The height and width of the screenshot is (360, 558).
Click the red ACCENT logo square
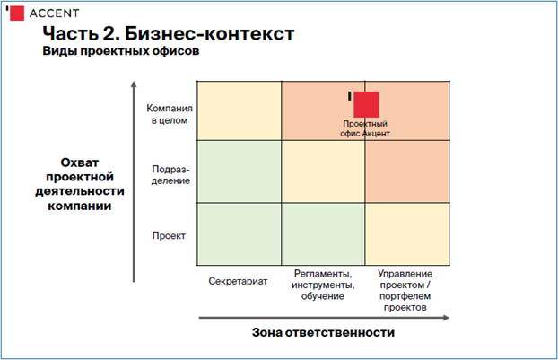coord(17,13)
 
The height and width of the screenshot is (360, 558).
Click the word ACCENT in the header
coord(54,13)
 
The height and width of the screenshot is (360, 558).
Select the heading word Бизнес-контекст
coord(209,34)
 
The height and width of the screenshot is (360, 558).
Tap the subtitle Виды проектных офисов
coord(120,51)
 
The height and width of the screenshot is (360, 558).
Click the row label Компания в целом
coord(170,114)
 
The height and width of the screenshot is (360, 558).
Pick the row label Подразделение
coord(170,174)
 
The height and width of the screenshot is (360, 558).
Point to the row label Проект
coord(169,236)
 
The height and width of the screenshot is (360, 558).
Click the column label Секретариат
coord(238,281)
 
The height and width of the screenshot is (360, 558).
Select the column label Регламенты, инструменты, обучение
coord(323,285)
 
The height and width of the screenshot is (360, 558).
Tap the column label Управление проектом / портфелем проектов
coord(405,290)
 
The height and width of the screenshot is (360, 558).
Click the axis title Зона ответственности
coord(323,332)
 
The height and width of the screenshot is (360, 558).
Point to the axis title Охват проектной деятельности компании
coord(80,184)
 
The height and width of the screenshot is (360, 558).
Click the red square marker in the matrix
coord(366,104)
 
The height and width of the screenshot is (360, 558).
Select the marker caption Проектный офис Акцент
coord(365,128)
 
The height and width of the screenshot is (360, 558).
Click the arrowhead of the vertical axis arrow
coord(134,84)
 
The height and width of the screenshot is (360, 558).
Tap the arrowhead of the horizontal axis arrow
coord(446,318)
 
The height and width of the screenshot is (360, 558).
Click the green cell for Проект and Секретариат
coord(240,234)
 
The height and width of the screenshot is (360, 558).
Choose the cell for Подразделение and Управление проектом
coord(407,171)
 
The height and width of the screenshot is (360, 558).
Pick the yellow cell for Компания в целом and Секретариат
coord(240,110)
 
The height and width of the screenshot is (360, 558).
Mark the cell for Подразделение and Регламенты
coord(323,171)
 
